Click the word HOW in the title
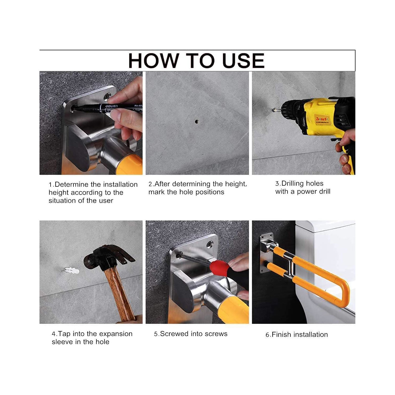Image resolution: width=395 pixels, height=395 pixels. coord(153,61)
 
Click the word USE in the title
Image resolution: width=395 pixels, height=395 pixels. coord(243,61)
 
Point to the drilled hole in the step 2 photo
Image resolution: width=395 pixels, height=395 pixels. coord(197,122)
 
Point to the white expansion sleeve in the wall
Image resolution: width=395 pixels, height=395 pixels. coord(71,270)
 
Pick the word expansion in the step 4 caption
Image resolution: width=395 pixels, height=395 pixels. coord(116,334)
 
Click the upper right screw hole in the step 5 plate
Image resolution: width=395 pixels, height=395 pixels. coord(210,244)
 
